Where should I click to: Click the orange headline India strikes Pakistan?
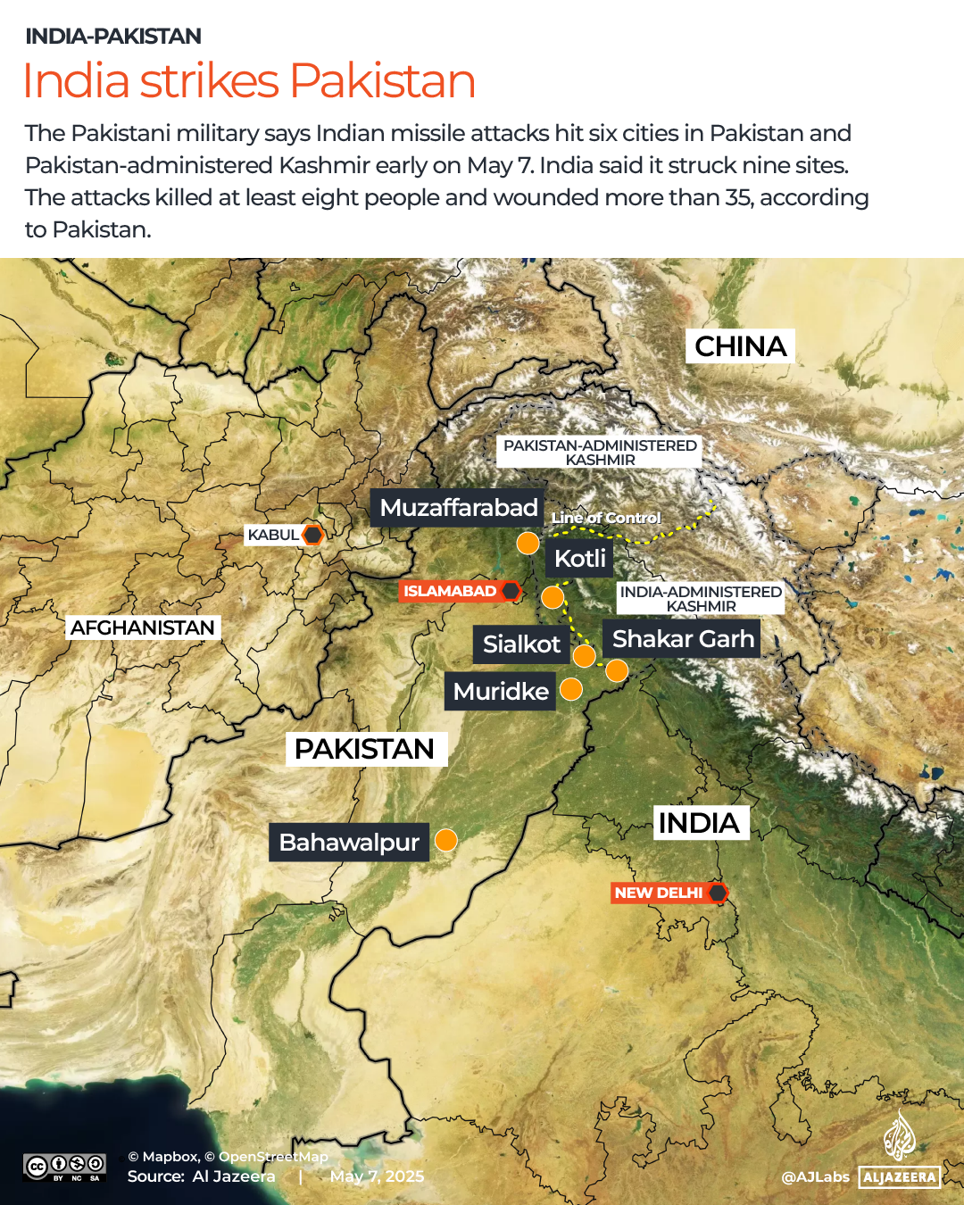[x=249, y=81]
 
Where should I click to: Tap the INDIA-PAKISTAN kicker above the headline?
[x=113, y=37]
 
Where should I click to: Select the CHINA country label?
[x=740, y=346]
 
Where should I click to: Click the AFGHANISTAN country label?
[x=143, y=627]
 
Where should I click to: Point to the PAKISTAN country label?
[x=365, y=749]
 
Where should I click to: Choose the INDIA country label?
[x=699, y=823]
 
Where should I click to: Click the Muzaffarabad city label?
[x=458, y=508]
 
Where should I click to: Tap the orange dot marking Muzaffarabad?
[x=528, y=543]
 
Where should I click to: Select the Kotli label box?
[x=579, y=559]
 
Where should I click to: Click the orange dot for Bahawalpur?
[x=445, y=840]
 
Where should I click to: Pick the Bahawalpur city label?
[x=349, y=843]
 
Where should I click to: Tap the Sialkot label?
[x=521, y=644]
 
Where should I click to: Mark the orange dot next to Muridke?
[x=571, y=689]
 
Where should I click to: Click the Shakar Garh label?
[x=683, y=639]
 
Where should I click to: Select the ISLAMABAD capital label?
[x=450, y=591]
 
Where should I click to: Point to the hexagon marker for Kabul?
[x=312, y=535]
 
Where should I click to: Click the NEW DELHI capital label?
[x=659, y=893]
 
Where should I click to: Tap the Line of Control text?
[x=606, y=518]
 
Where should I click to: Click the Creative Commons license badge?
[x=64, y=1167]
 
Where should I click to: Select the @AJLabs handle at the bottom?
[x=815, y=1176]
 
